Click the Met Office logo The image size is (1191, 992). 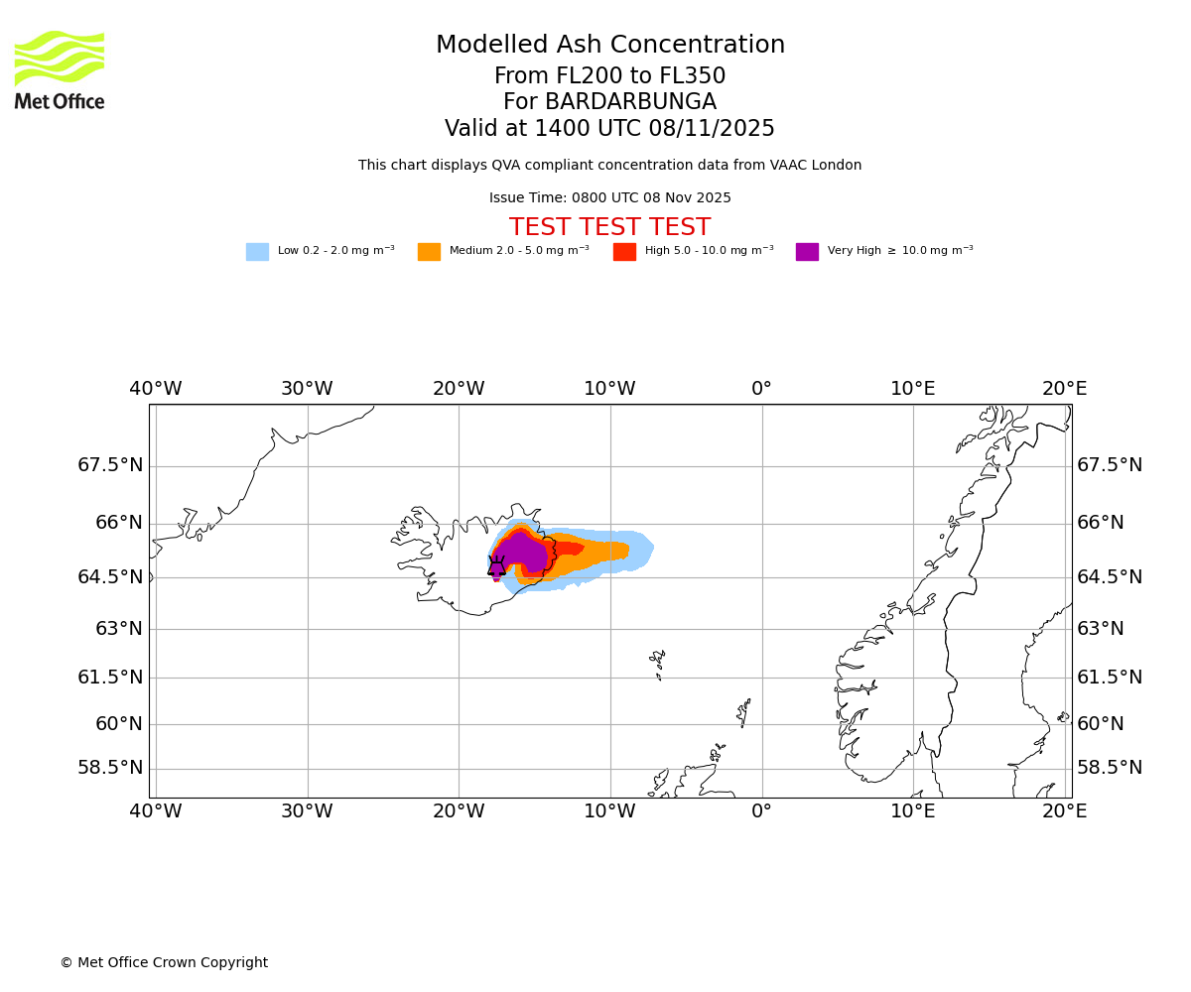point(60,69)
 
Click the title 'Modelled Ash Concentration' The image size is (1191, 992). point(610,46)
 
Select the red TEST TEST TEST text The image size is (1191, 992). point(609,227)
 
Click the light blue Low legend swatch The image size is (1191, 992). point(257,252)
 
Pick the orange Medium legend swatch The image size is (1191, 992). point(429,252)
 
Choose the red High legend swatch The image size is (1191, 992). point(624,252)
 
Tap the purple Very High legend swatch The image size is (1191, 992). point(807,252)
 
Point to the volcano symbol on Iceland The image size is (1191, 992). point(496,567)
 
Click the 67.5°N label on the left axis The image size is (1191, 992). point(110,465)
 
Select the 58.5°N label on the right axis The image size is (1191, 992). point(1110,768)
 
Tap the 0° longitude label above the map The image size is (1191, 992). point(761,389)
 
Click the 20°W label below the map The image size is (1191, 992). point(459,811)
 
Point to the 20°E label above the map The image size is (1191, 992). point(1064,389)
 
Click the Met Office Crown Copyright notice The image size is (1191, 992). point(164,962)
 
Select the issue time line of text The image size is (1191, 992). point(609,198)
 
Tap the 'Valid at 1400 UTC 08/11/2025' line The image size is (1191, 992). point(609,129)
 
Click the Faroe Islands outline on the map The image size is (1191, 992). point(657,662)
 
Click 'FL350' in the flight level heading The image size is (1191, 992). point(689,76)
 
